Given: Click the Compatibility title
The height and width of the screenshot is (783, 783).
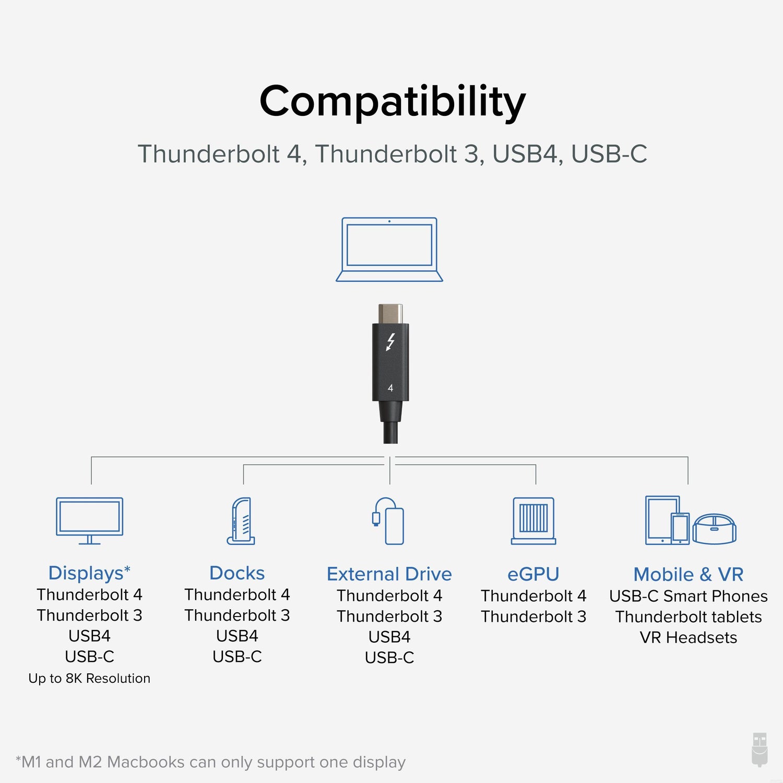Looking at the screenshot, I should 392,101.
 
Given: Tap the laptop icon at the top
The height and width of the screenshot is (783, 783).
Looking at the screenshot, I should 389,250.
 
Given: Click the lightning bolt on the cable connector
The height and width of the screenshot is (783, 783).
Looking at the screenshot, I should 390,342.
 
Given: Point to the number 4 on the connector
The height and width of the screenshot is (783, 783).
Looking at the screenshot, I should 390,388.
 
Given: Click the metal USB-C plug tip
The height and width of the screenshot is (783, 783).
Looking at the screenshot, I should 390,314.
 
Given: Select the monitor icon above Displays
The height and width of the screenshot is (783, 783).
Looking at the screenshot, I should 90,520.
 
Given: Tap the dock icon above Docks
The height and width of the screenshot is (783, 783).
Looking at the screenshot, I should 241,521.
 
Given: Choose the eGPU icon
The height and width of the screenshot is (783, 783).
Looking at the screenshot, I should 533,521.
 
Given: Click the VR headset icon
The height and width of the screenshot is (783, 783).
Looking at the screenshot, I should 715,528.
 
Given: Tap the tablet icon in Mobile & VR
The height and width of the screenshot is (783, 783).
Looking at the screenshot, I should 660,520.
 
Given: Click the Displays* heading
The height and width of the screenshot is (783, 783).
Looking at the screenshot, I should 89,573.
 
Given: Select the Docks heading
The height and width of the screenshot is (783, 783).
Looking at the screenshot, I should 237,573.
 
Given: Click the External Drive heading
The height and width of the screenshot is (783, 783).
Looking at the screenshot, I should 389,574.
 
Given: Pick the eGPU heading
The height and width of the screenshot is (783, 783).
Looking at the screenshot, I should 533,574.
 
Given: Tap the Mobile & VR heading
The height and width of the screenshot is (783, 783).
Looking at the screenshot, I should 689,575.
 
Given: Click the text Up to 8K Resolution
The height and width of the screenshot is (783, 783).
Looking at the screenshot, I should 89,678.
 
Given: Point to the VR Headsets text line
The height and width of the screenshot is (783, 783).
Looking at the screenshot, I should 689,637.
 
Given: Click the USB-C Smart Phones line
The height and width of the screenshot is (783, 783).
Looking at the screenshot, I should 689,596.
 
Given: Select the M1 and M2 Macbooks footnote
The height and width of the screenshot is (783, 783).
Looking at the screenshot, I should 211,762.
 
